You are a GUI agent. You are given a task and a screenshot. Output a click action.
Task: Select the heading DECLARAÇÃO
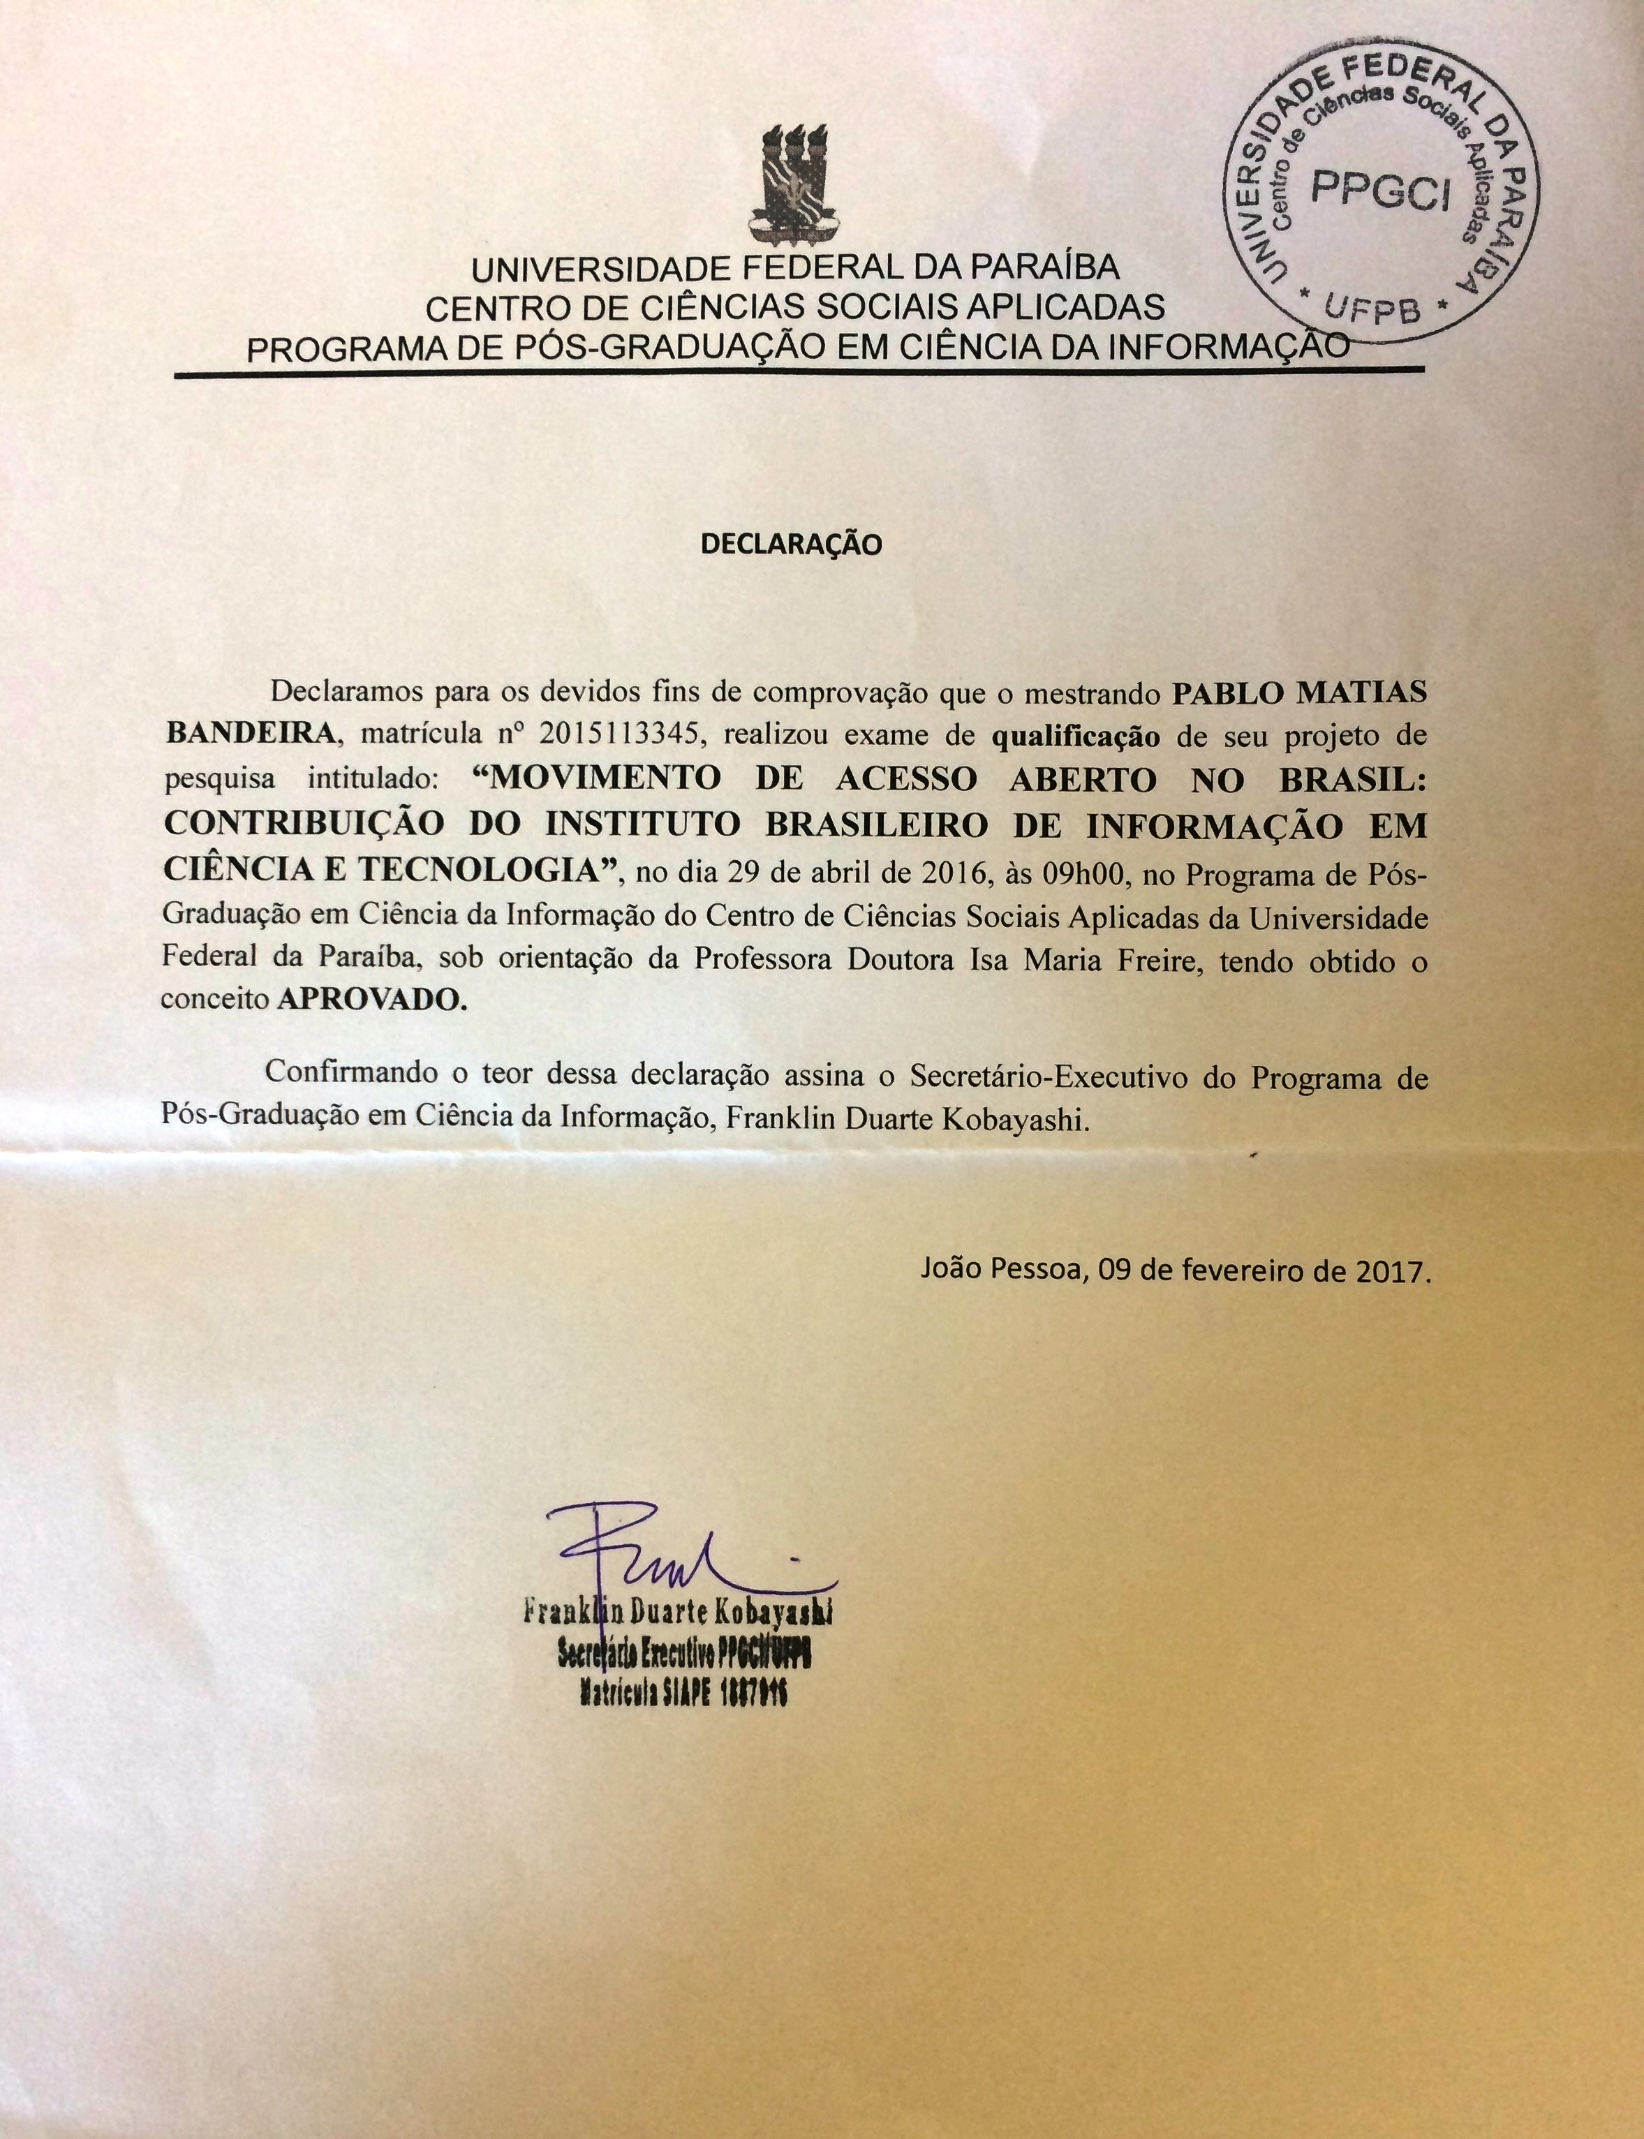click(x=792, y=544)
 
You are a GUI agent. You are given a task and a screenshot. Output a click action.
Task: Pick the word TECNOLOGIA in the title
click(x=514, y=868)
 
